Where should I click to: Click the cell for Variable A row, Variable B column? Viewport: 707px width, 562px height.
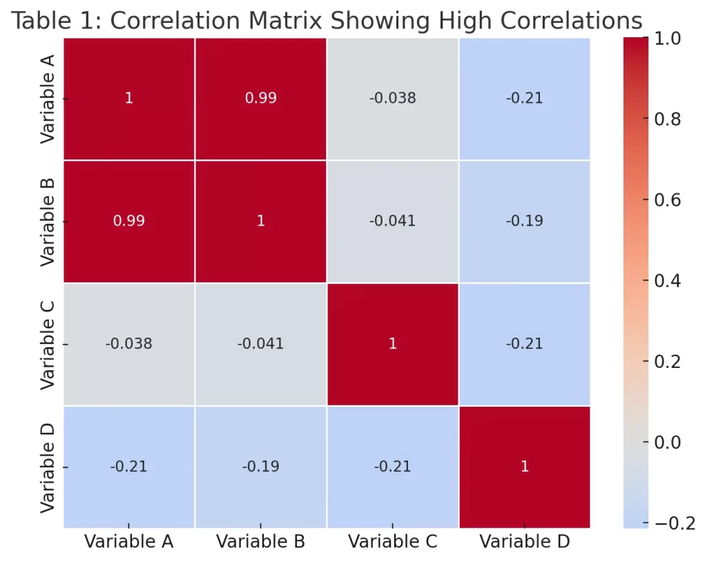(x=260, y=98)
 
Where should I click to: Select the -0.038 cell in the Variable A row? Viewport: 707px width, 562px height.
(x=392, y=98)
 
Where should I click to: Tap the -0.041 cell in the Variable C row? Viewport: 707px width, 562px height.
(x=260, y=344)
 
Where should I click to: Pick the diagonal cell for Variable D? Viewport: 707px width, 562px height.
(x=524, y=467)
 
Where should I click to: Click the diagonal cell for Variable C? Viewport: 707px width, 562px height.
(x=392, y=344)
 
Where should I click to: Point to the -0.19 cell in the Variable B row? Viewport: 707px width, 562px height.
(x=524, y=221)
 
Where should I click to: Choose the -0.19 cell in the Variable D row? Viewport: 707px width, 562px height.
(x=260, y=467)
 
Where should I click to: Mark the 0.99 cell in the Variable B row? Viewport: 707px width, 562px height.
(x=128, y=221)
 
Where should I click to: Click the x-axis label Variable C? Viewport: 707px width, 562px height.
(x=392, y=542)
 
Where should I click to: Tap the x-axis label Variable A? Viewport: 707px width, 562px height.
(x=128, y=542)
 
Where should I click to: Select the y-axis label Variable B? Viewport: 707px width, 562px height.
(x=47, y=221)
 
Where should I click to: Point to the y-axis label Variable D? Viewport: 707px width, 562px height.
(x=47, y=467)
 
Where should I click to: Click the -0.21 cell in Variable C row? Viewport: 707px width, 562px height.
(x=524, y=344)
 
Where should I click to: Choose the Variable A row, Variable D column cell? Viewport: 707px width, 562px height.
(x=524, y=98)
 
